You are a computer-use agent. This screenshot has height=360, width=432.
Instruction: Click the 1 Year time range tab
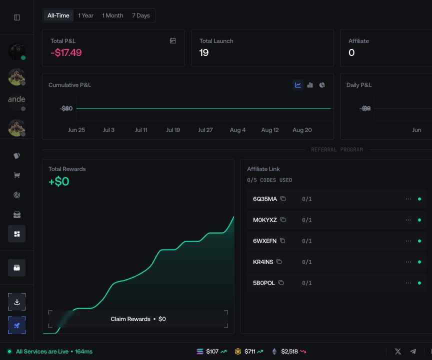click(85, 15)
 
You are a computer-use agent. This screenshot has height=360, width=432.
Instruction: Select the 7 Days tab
click(141, 15)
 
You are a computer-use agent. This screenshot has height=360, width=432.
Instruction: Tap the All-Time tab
click(58, 15)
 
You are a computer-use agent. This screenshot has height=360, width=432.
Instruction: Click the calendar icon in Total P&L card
click(172, 41)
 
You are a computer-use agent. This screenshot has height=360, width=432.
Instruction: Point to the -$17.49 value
click(66, 52)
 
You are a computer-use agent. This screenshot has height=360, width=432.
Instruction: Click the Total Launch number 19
click(204, 52)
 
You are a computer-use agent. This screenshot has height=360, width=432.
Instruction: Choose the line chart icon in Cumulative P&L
click(298, 85)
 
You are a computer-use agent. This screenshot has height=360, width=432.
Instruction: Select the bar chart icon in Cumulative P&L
click(310, 85)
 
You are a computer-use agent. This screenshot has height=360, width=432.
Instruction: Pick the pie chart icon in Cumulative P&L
click(322, 85)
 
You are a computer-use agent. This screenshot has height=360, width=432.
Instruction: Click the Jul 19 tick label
click(173, 130)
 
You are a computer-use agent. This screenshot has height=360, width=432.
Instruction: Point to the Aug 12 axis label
click(270, 130)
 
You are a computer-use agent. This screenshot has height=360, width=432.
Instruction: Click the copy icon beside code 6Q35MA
click(283, 198)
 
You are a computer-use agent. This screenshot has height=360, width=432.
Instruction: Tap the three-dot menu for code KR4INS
click(408, 262)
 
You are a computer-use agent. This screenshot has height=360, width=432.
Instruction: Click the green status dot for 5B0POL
click(419, 283)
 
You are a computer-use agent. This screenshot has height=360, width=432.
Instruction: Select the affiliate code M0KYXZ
click(265, 220)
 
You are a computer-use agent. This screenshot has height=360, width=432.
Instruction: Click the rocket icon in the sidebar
click(17, 325)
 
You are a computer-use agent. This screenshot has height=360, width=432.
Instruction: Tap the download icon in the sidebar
click(17, 302)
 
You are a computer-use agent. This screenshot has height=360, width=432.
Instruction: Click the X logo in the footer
click(398, 351)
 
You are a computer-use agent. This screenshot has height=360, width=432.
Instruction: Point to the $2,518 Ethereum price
click(289, 351)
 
